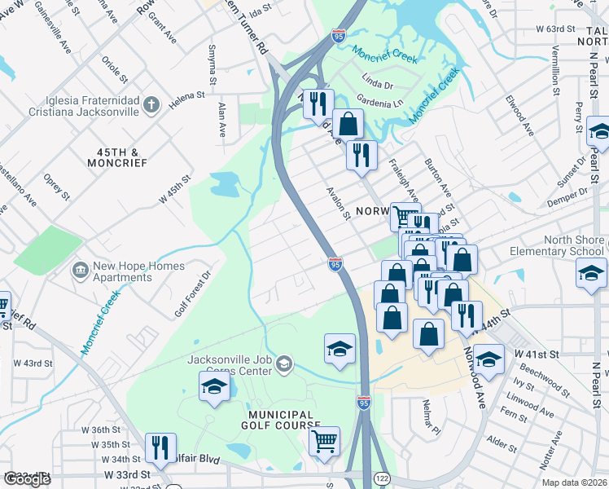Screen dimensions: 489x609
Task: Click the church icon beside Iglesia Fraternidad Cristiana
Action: click(x=151, y=104)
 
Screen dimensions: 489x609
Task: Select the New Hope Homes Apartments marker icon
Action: click(x=80, y=269)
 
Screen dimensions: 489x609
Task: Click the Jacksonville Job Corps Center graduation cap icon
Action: click(x=284, y=363)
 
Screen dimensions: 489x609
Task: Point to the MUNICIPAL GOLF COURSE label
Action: click(x=280, y=420)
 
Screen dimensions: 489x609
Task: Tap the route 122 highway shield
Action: click(x=380, y=477)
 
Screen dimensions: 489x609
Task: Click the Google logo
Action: click(x=27, y=479)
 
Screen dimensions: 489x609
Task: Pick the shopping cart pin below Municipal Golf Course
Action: click(x=325, y=441)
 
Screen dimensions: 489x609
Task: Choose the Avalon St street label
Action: click(x=338, y=206)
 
